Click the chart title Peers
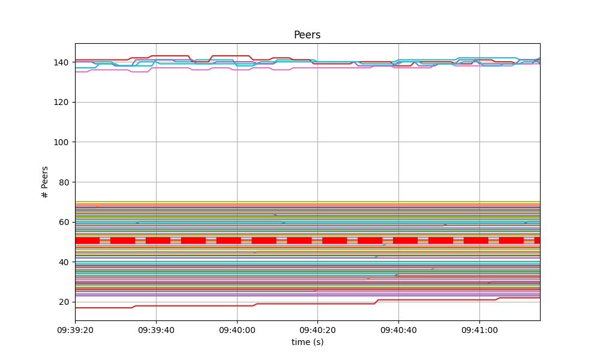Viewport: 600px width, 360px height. point(307,35)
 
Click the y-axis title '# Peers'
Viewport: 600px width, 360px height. point(45,182)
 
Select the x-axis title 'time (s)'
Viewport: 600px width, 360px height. point(307,342)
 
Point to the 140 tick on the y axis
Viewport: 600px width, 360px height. point(62,62)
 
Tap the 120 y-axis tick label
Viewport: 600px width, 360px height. point(62,102)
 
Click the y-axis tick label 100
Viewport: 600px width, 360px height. point(62,142)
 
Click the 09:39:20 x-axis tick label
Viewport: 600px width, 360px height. point(75,330)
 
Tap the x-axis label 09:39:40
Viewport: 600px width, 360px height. point(156,330)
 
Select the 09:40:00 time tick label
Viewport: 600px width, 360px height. point(237,330)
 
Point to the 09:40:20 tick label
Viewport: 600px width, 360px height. point(317,330)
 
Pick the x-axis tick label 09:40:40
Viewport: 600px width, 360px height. point(398,330)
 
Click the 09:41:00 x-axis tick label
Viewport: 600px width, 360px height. point(479,330)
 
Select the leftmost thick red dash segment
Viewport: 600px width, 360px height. point(87,241)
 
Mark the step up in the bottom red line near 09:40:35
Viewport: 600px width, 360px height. point(376,302)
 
